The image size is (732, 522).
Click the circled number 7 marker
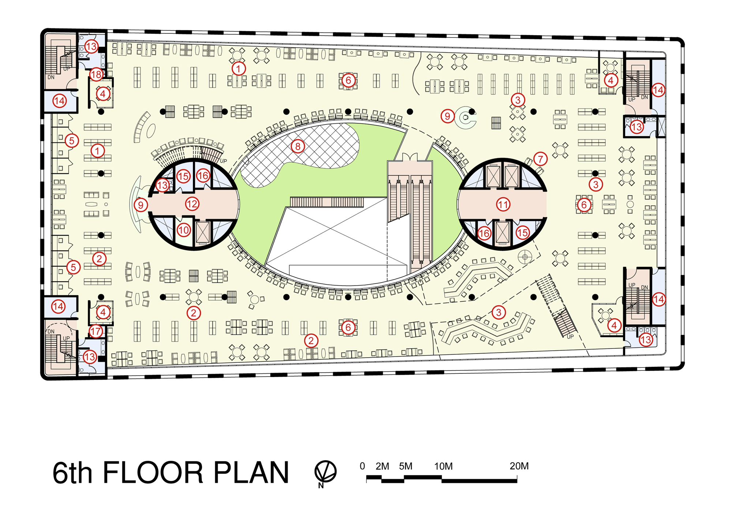click(540, 159)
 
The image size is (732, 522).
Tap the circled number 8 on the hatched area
click(298, 146)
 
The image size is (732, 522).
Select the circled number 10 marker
click(184, 230)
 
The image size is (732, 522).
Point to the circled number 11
click(503, 205)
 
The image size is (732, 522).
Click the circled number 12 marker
click(192, 204)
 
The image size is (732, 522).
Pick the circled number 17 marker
click(96, 332)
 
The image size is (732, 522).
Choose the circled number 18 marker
click(96, 75)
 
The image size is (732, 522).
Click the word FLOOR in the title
click(153, 473)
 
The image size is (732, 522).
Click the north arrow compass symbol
click(325, 471)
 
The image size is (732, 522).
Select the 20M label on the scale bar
click(519, 466)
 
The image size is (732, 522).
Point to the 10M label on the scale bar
click(444, 466)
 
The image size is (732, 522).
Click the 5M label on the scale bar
click(406, 466)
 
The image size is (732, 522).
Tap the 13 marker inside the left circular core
click(163, 185)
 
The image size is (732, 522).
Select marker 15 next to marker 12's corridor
click(183, 176)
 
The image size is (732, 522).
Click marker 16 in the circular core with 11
click(484, 233)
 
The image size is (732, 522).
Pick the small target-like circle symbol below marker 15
click(525, 257)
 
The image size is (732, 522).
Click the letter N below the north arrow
click(321, 485)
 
